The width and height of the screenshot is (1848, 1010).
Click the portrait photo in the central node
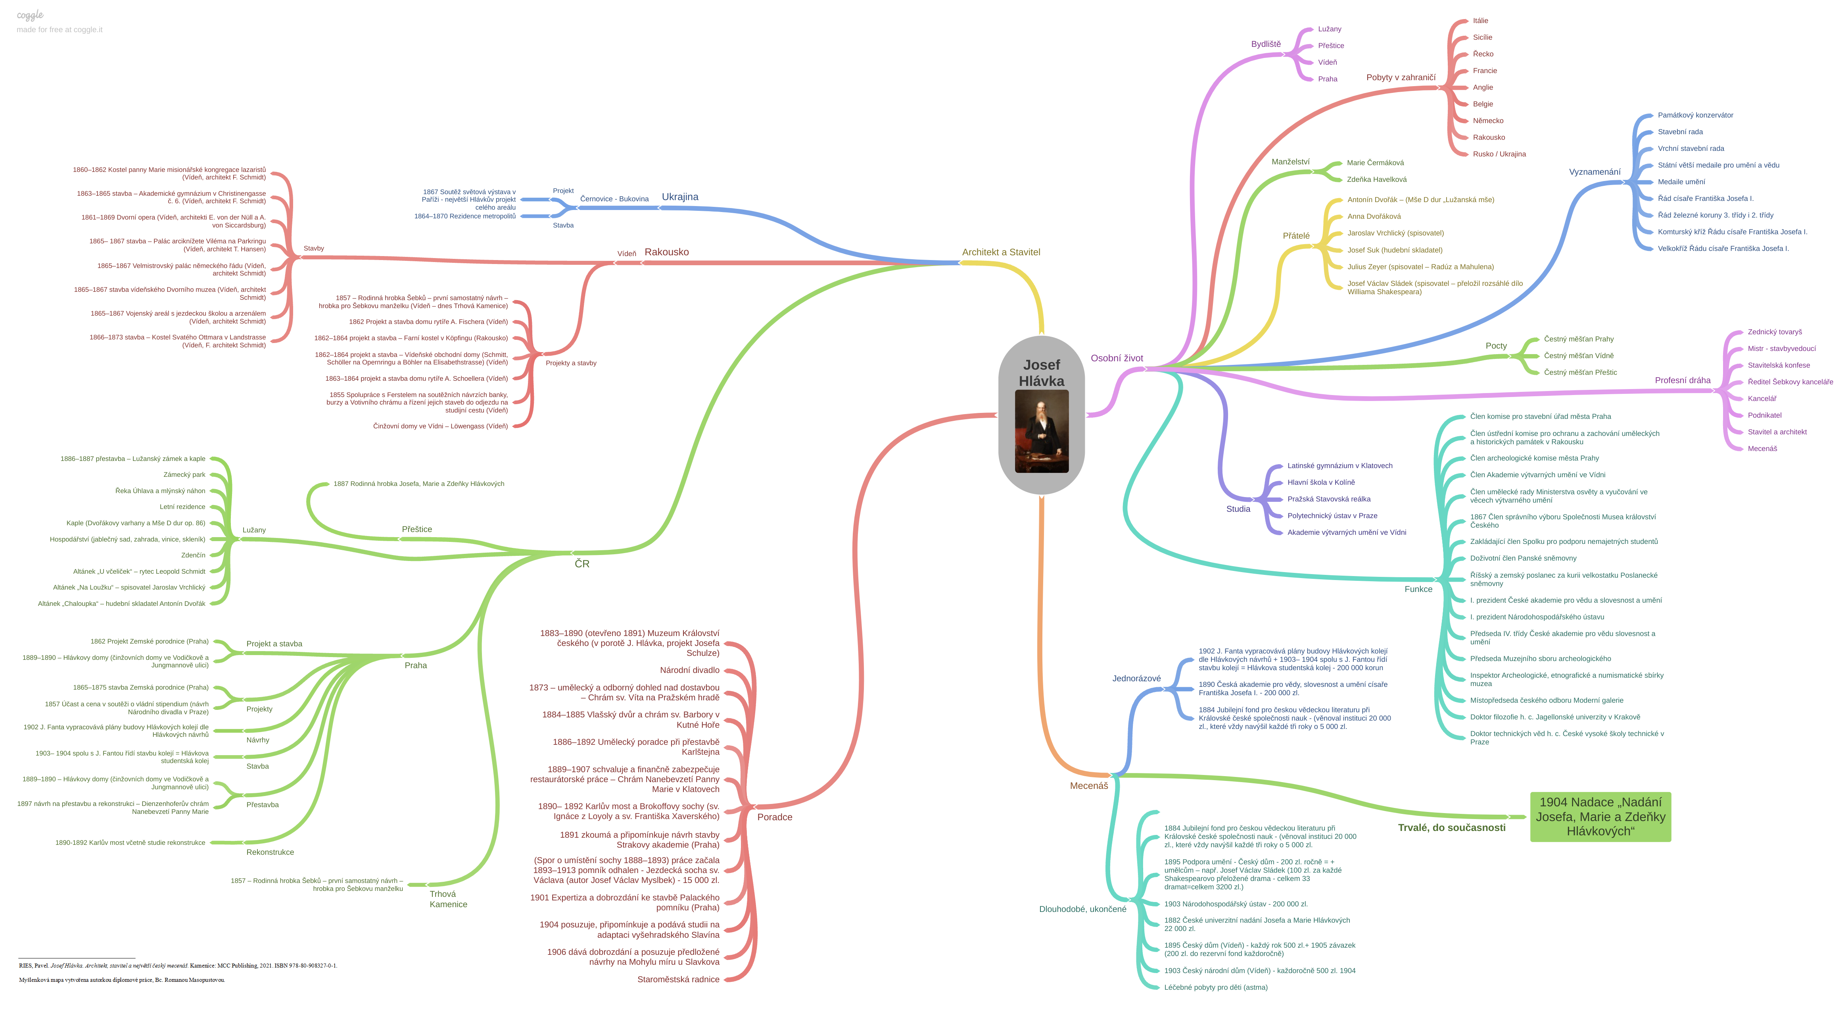(x=1042, y=431)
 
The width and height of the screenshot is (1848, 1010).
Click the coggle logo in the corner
(x=30, y=15)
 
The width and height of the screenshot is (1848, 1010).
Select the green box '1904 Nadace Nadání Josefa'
(x=1600, y=817)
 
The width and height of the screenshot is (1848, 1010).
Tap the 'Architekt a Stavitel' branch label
(x=1001, y=252)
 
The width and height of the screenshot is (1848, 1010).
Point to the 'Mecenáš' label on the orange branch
(x=1088, y=786)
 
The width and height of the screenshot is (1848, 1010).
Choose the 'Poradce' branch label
(x=775, y=817)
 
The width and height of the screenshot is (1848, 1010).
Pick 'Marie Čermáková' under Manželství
(x=1375, y=163)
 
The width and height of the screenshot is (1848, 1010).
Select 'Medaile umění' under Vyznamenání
(x=1681, y=181)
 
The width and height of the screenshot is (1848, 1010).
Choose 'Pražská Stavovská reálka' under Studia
(x=1329, y=499)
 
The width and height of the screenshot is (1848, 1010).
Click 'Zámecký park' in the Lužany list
(x=184, y=474)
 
